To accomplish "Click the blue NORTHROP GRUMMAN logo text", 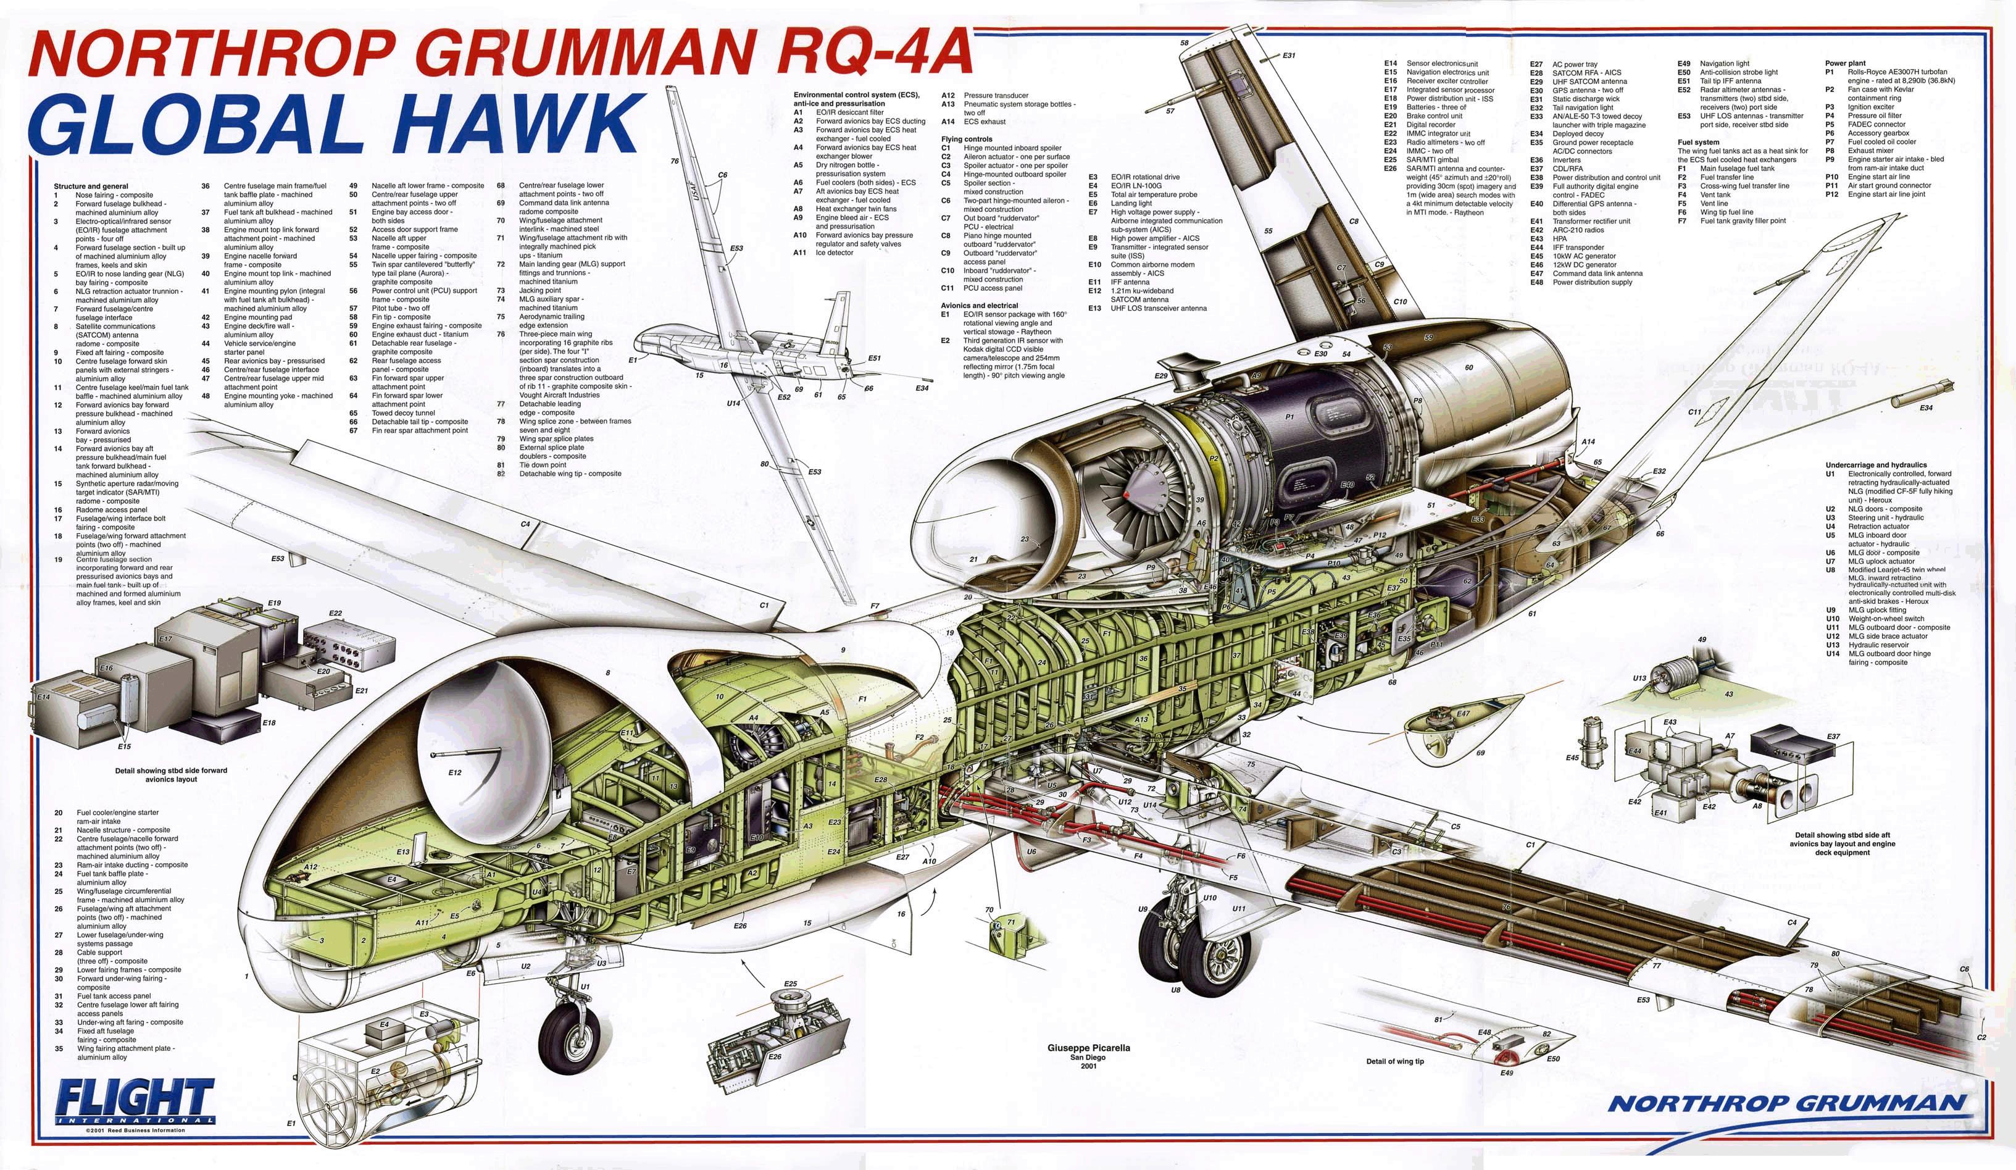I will (1786, 1103).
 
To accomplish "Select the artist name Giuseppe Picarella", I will (1088, 1048).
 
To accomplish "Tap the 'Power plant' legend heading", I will (1845, 63).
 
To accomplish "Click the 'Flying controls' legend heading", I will (967, 140).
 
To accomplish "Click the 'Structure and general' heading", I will (90, 186).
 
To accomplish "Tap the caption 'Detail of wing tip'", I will (1394, 1061).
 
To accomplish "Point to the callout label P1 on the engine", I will (1289, 417).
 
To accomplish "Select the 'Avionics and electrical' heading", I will (978, 306).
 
